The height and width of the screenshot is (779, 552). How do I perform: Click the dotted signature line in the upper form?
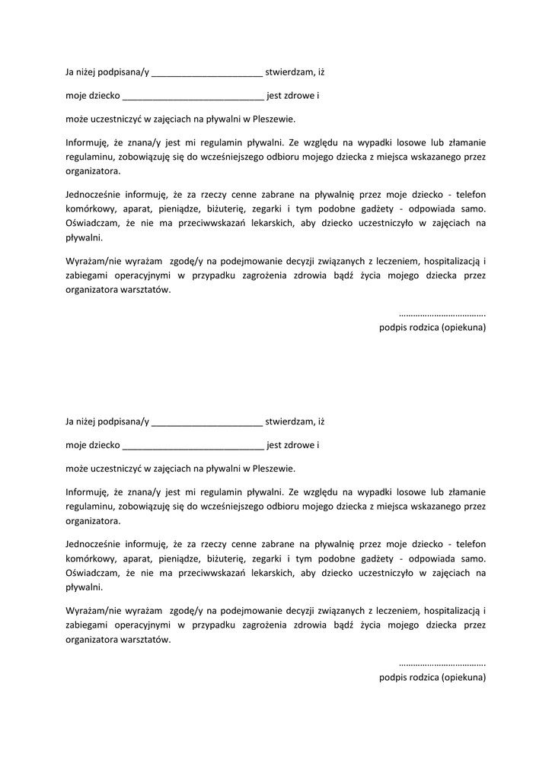coord(442,313)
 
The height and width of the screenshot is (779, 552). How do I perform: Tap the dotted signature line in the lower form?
coord(442,663)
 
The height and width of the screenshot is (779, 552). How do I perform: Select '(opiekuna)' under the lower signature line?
coord(464,677)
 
